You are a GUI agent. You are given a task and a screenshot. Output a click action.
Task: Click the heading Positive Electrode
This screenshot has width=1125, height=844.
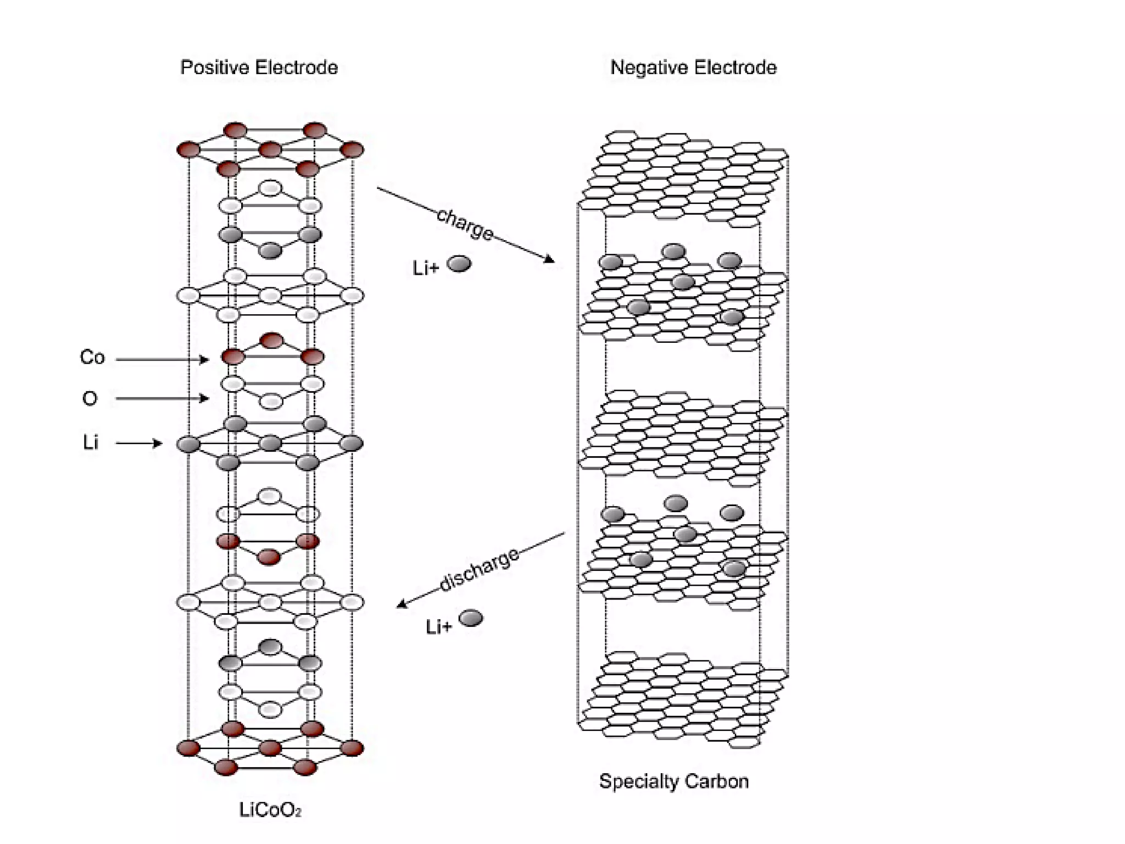pos(259,68)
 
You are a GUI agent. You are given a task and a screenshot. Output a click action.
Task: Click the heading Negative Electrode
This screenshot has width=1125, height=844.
pos(693,68)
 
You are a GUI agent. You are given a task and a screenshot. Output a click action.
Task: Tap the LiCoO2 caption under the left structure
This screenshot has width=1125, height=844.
pos(270,810)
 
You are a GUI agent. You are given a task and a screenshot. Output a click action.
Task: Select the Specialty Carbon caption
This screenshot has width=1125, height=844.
pos(673,781)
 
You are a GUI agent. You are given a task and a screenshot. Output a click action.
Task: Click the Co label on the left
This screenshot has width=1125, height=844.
pos(92,357)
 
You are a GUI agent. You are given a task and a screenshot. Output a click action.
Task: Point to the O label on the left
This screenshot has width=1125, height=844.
pos(90,398)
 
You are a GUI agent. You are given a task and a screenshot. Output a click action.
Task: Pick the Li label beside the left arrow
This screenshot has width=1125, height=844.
pos(91,442)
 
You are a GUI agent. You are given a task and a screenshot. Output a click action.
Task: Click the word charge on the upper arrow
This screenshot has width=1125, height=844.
pos(465,224)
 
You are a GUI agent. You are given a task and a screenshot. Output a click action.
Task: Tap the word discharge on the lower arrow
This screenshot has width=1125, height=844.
pos(479,569)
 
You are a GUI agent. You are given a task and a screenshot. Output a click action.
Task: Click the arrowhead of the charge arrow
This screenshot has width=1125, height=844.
pos(549,259)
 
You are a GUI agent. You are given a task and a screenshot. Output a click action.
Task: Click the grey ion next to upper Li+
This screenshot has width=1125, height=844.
pos(459,264)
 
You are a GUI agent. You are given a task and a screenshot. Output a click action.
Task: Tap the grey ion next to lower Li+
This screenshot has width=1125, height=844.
pos(471,618)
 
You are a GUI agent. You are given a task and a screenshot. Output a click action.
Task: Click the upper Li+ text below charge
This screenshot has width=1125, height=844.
pos(426,268)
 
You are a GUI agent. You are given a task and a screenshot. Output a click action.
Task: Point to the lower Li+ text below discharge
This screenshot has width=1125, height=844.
pos(438,626)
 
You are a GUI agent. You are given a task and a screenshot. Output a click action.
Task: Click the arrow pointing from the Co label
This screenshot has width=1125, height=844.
pos(162,360)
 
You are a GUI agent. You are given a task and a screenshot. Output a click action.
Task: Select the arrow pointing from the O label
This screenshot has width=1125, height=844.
pos(162,398)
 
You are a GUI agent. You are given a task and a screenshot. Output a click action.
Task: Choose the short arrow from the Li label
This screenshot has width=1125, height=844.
pos(139,443)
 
